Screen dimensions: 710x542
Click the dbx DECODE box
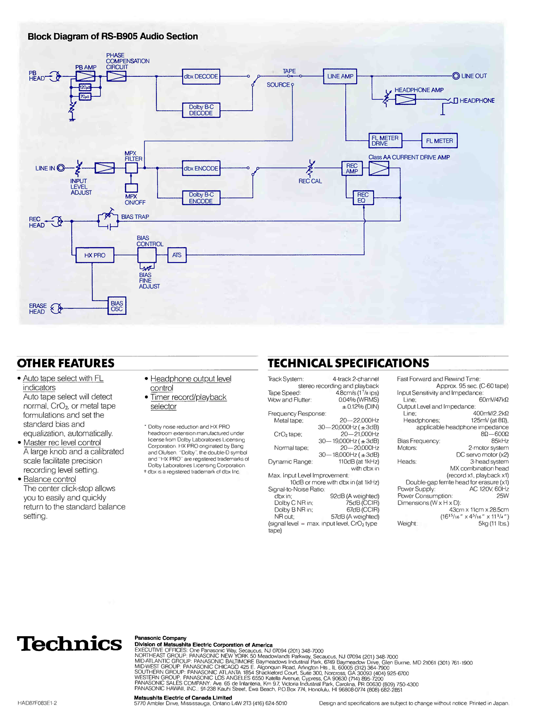coord(201,77)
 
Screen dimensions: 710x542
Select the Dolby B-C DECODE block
coord(201,110)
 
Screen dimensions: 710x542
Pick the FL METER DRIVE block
coord(385,141)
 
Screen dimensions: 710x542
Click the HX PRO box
coord(95,255)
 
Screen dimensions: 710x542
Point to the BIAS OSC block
coord(117,306)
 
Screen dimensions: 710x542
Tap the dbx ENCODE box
coord(201,168)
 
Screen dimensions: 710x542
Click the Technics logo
coord(69,643)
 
